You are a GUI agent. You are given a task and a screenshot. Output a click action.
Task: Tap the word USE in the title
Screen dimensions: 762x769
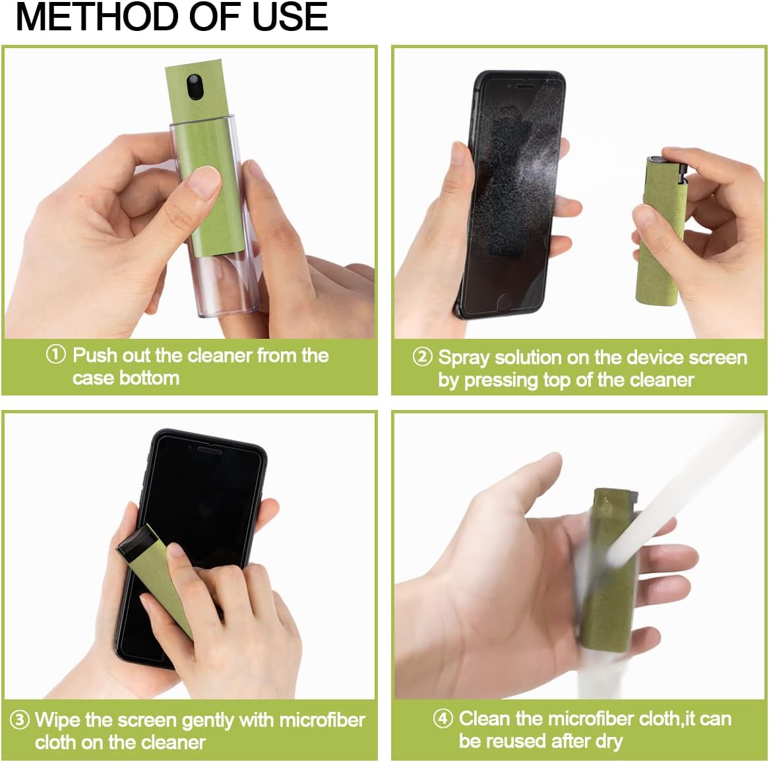[x=290, y=16]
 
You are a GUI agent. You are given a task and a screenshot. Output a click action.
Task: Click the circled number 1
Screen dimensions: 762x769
[x=56, y=355]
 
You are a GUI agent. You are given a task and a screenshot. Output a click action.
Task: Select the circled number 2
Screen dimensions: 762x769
[x=422, y=357]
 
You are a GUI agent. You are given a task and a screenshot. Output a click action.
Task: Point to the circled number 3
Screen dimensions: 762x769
[x=20, y=719]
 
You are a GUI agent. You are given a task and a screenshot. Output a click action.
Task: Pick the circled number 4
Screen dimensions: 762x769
[x=443, y=718]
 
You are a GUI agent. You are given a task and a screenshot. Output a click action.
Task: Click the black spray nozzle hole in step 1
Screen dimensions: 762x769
[x=193, y=86]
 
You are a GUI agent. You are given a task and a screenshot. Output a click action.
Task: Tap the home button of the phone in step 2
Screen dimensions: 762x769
[x=503, y=301]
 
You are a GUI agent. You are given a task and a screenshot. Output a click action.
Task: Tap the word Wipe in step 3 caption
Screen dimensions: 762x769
[x=57, y=719]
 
